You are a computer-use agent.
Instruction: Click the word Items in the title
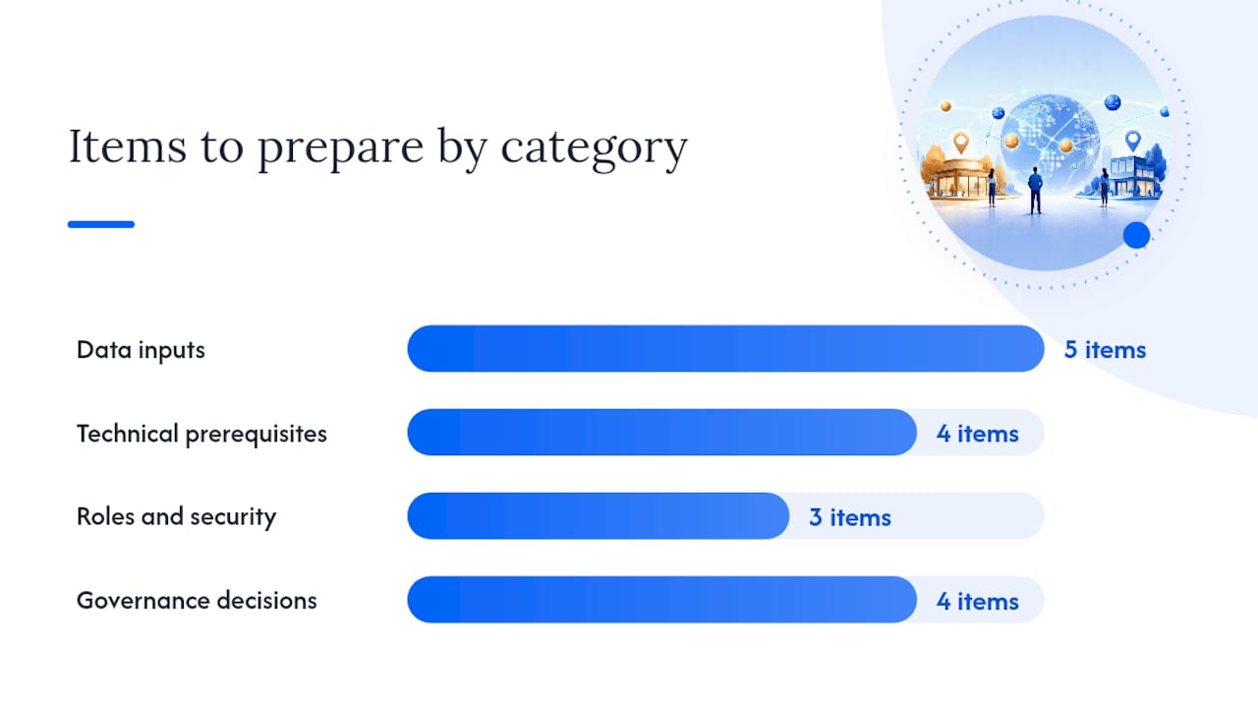[x=128, y=147]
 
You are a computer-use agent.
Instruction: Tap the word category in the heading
[x=595, y=148]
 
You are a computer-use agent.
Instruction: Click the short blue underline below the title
[x=101, y=224]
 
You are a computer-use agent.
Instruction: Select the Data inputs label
[x=141, y=349]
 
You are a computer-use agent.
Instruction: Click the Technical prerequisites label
[x=201, y=434]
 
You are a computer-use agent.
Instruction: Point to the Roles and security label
[x=176, y=516]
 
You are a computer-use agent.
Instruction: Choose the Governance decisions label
[x=197, y=600]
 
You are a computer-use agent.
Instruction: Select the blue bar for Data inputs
[x=725, y=348]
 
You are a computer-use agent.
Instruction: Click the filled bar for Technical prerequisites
[x=662, y=432]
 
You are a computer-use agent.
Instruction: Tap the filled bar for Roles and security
[x=599, y=516]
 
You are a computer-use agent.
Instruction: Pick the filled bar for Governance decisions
[x=662, y=600]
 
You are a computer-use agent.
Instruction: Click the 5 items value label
[x=1105, y=349]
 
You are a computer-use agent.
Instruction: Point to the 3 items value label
[x=850, y=517]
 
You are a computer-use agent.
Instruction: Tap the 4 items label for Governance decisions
[x=977, y=601]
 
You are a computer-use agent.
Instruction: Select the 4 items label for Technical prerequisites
[x=977, y=434]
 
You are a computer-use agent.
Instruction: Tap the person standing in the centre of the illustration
[x=1035, y=190]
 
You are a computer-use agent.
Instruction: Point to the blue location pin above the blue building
[x=1133, y=141]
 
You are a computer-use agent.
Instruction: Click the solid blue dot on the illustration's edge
[x=1137, y=235]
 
